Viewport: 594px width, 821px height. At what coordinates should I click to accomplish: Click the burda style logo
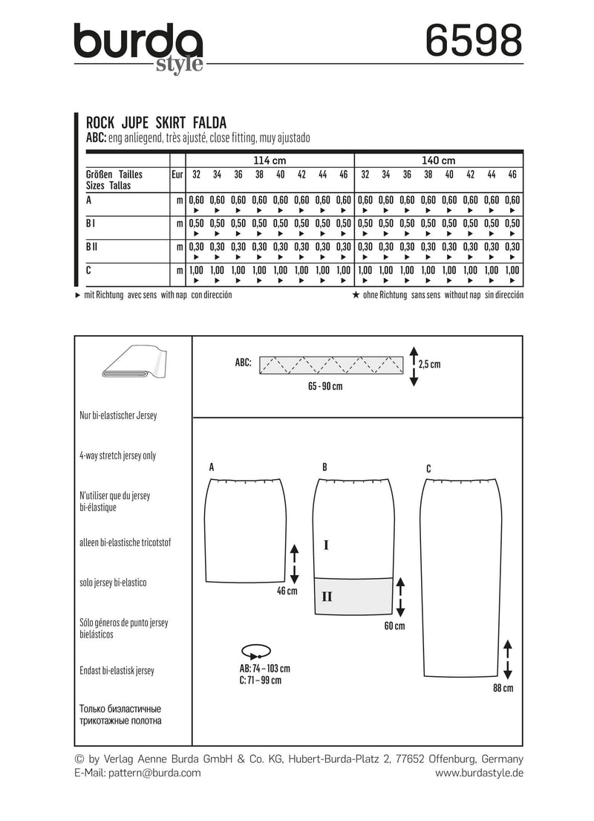[x=138, y=48]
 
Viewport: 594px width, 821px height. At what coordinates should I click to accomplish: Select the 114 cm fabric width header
[x=270, y=160]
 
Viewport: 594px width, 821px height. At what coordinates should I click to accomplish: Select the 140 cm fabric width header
[x=440, y=160]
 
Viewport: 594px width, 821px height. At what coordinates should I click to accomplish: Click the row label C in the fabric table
[x=89, y=271]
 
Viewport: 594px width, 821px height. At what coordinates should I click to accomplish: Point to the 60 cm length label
[x=394, y=626]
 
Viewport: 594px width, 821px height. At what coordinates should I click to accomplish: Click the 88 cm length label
[x=503, y=689]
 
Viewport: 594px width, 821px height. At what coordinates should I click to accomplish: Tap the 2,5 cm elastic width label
[x=430, y=365]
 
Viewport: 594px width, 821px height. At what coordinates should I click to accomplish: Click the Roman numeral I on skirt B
[x=326, y=545]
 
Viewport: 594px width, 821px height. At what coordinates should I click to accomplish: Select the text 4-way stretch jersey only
[x=117, y=455]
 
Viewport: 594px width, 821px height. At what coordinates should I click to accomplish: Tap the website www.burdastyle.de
[x=479, y=773]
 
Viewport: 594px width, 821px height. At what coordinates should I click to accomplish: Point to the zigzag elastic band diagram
[x=330, y=365]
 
